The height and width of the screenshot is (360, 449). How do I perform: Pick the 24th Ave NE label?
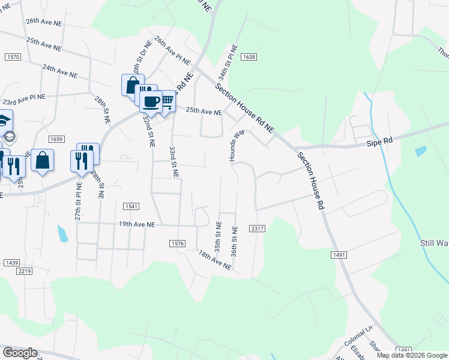point(60,72)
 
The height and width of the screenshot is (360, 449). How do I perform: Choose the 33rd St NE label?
point(173,161)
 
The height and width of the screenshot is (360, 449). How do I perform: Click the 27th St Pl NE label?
point(78,201)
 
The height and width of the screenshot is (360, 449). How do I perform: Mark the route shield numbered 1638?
point(250,57)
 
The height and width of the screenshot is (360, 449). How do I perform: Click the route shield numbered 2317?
point(258,229)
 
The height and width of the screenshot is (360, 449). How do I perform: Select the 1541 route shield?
point(131,206)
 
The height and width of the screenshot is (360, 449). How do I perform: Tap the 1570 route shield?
point(13,56)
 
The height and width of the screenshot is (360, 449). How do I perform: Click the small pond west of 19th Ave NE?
point(62,233)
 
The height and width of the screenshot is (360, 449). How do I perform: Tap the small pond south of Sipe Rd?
point(420,151)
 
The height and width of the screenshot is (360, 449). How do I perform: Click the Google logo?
point(19,353)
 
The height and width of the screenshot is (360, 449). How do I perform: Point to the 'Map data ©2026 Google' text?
point(412,355)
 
